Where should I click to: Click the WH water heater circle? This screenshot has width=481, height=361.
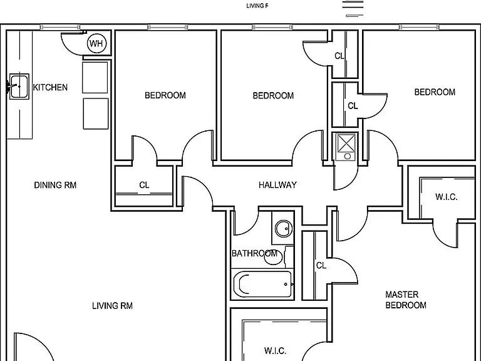pos(96,44)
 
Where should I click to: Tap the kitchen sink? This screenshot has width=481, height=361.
pos(19,86)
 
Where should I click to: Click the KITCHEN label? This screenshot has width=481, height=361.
pos(50,88)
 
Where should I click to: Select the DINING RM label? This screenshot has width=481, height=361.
pos(55,185)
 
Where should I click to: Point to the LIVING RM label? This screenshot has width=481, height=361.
pos(112,306)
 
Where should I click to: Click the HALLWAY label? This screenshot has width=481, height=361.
pos(277,185)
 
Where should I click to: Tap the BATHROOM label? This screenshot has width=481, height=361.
pos(254,253)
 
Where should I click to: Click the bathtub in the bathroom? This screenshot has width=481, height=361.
pos(262,284)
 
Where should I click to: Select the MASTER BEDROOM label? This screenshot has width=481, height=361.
pos(406,300)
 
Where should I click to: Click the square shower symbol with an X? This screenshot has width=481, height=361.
pos(346,142)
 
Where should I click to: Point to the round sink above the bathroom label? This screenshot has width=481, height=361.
pos(284,228)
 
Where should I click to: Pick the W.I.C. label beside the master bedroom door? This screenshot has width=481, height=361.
pos(447,197)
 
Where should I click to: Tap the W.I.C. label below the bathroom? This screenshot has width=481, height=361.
pos(275,350)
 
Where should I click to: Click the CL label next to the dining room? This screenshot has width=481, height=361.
pos(144,185)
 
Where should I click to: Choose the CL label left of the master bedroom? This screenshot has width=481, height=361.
pos(321,265)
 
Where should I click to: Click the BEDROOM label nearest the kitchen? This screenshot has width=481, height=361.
pos(165,95)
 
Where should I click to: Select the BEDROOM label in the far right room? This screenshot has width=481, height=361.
pos(435,92)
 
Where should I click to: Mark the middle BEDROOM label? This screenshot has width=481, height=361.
pos(273,95)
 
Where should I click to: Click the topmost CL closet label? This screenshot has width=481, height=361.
pos(339,56)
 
